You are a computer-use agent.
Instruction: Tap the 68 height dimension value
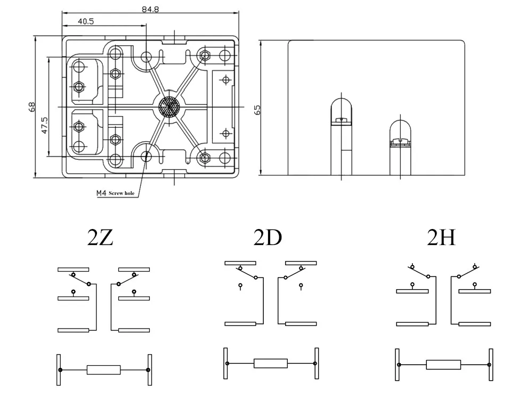(x=32, y=107)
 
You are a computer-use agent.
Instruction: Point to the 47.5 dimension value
(x=45, y=125)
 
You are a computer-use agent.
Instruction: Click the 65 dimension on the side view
(x=257, y=110)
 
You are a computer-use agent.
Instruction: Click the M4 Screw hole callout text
(x=115, y=193)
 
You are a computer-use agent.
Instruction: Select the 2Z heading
(x=100, y=238)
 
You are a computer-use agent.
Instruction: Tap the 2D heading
(x=268, y=238)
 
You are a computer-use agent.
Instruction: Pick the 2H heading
(x=441, y=238)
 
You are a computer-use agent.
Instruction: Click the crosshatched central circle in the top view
(x=169, y=107)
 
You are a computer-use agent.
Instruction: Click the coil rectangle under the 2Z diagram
(x=104, y=370)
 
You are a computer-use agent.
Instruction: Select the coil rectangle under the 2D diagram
(x=271, y=363)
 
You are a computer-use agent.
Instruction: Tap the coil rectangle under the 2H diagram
(x=443, y=365)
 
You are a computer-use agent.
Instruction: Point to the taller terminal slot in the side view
(x=341, y=136)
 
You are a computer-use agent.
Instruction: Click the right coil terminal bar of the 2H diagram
(x=490, y=365)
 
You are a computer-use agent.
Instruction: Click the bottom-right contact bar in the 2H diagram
(x=474, y=323)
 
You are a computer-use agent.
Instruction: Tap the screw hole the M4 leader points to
(x=147, y=157)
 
